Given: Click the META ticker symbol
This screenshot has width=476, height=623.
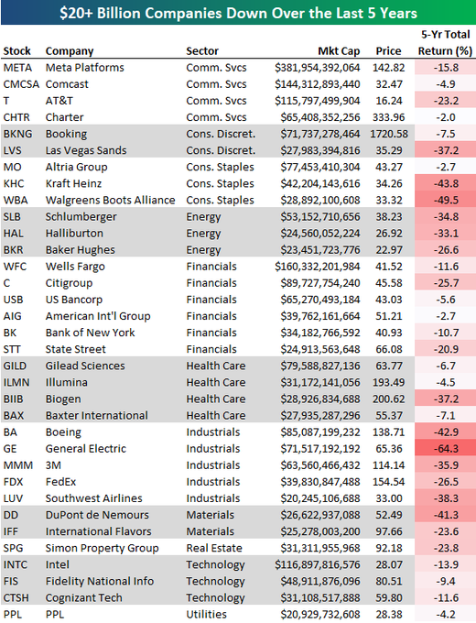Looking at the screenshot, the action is (x=17, y=68).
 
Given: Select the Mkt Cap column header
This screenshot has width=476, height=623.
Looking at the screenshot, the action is (x=339, y=51).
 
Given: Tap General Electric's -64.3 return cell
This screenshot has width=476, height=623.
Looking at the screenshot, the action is (x=446, y=449).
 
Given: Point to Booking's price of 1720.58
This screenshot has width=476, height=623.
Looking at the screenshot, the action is (x=389, y=134).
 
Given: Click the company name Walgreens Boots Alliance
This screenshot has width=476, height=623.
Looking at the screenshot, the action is (x=110, y=200).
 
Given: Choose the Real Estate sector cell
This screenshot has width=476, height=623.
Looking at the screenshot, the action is (x=214, y=548).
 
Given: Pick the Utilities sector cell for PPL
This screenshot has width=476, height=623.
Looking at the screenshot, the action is (x=207, y=614).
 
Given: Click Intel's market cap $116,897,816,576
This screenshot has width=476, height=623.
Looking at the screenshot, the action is (x=318, y=564).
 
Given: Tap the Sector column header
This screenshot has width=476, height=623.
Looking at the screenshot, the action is (x=202, y=51).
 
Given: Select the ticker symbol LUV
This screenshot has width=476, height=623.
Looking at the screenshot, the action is (x=13, y=498).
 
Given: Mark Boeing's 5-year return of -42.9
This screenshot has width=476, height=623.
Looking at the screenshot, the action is (x=446, y=432).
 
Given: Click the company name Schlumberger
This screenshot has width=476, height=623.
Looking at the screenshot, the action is (x=81, y=216).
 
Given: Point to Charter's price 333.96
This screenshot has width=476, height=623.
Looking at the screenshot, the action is (x=389, y=117).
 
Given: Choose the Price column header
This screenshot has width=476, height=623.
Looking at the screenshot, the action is (x=388, y=51).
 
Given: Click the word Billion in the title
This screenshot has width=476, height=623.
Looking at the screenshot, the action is (x=118, y=13).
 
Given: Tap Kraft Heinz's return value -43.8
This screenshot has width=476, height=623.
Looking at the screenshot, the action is (x=446, y=183).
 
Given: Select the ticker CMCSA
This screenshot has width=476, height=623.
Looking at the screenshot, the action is (x=21, y=84).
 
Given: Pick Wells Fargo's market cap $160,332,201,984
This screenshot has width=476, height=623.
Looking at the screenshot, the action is (x=318, y=267).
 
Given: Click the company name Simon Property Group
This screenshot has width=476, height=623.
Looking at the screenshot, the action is (x=102, y=548).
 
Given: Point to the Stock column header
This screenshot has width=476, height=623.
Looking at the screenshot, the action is (x=16, y=51).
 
